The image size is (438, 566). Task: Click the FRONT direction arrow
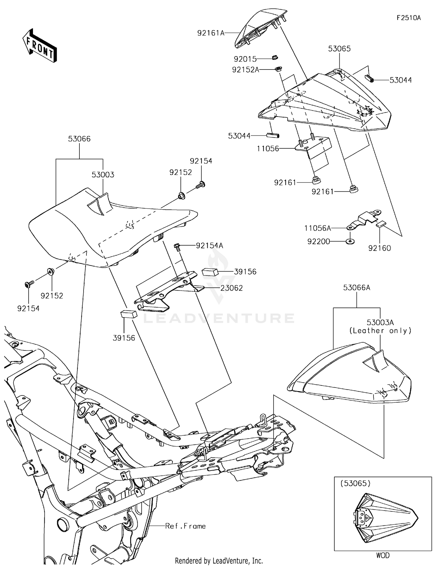tap(39, 46)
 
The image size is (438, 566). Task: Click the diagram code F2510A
tap(409, 18)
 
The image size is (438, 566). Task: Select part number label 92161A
tap(211, 33)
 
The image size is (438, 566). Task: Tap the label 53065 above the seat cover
tap(339, 49)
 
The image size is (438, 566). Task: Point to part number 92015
tap(245, 59)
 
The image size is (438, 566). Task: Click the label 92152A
tap(246, 70)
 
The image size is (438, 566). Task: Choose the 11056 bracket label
tap(268, 149)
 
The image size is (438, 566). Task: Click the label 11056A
tap(317, 228)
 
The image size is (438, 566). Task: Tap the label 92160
tap(379, 248)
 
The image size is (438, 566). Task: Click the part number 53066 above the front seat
tap(79, 139)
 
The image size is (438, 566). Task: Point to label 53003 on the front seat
tap(103, 175)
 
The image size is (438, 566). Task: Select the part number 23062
tap(232, 288)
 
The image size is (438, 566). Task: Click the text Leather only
tap(380, 331)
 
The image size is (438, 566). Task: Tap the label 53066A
tap(357, 288)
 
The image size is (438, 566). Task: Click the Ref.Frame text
tap(185, 526)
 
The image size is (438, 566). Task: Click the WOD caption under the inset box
tap(383, 555)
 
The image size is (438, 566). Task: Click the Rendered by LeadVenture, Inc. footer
tap(219, 560)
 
